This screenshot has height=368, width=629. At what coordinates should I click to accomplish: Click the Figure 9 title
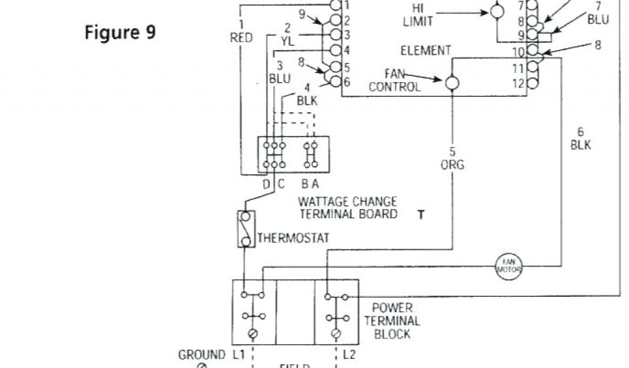(120, 33)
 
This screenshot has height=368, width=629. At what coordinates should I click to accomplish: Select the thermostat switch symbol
(246, 229)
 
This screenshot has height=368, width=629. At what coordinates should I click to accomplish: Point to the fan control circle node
(453, 82)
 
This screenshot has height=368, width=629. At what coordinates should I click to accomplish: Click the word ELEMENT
(425, 51)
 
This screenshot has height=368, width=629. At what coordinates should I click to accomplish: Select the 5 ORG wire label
(452, 158)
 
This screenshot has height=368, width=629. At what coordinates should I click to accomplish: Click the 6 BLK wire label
(580, 139)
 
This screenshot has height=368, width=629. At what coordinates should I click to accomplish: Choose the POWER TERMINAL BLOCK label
(393, 321)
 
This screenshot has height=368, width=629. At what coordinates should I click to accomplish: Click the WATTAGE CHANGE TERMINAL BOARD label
(347, 208)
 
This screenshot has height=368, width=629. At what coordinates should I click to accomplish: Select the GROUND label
(201, 355)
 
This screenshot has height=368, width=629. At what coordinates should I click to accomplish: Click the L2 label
(348, 355)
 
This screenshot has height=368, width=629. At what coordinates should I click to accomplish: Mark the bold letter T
(421, 215)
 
